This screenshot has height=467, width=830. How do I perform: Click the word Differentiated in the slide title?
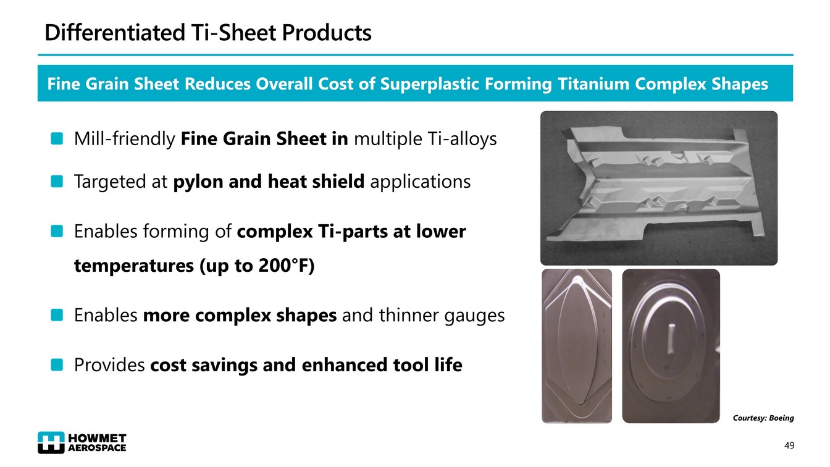114,32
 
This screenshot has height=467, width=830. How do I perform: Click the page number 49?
789,445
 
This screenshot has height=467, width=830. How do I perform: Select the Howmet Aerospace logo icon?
51,442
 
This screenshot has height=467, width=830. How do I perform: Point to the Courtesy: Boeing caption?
763,418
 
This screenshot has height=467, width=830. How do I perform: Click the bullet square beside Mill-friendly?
57,138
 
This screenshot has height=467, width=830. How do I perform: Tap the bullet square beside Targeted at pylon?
57,182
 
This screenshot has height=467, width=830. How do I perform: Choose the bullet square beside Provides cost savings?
57,364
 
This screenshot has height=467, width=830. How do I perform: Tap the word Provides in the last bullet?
109,364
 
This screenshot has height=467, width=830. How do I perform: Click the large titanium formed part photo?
659,188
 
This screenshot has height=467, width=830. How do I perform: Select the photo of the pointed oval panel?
577,346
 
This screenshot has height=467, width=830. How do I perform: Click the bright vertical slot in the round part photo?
671,339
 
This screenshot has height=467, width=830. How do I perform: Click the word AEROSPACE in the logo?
97,448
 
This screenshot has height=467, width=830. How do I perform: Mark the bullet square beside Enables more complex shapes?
57,315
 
